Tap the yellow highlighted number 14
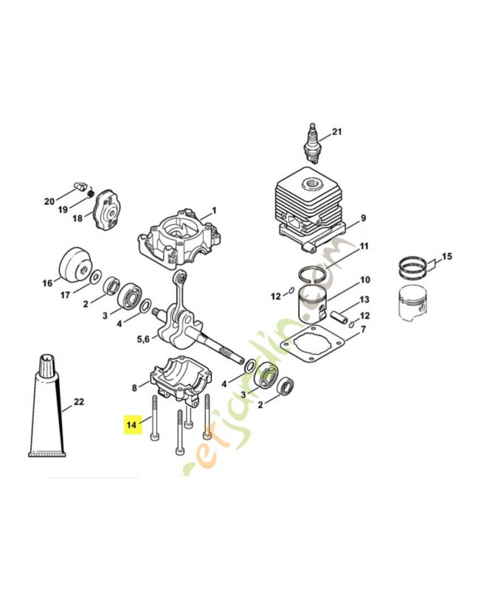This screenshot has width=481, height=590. coord(132,425)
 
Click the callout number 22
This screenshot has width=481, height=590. coord(79,403)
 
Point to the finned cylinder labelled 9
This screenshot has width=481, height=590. coord(308,204)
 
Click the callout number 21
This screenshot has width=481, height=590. coord(337,133)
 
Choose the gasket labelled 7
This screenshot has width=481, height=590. coord(318,350)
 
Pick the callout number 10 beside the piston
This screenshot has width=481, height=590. coord(364,280)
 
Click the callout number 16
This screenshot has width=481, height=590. coord(47,282)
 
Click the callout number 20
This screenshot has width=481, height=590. coord(49,202)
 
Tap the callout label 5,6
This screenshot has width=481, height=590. coord(144,339)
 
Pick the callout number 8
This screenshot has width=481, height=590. coord(134,387)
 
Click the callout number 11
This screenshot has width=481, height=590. coord(364,246)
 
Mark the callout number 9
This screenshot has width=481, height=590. coord(363,219)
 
